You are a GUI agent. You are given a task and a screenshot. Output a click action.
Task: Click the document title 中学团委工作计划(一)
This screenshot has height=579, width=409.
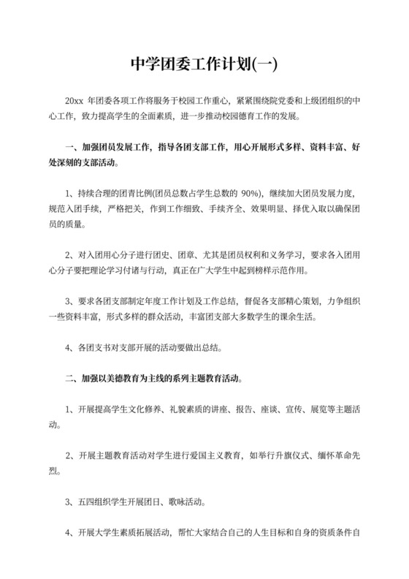204,65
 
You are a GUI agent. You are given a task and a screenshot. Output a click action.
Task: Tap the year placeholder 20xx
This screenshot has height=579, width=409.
74,100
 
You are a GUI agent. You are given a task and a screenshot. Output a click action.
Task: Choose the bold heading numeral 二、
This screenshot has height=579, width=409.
72,380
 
